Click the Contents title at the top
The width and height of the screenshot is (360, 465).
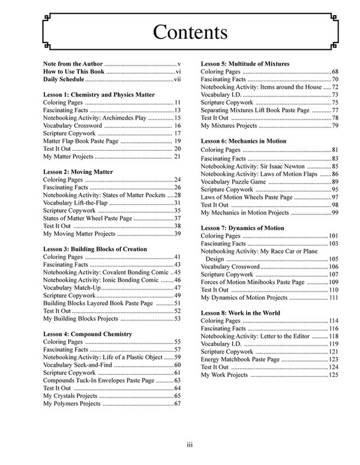[180, 33]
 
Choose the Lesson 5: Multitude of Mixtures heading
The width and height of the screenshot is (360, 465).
[245, 64]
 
